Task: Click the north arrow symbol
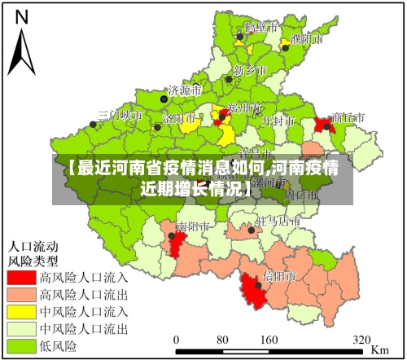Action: point(23,45)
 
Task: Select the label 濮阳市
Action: point(307,38)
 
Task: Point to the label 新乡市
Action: point(250,70)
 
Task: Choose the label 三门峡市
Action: point(120,116)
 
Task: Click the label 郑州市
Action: point(244,108)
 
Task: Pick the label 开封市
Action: point(278,120)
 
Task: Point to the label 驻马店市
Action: point(274,221)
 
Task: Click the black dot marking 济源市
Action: point(163,98)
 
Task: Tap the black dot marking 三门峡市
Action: point(95,125)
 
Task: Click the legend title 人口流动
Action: point(33,245)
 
